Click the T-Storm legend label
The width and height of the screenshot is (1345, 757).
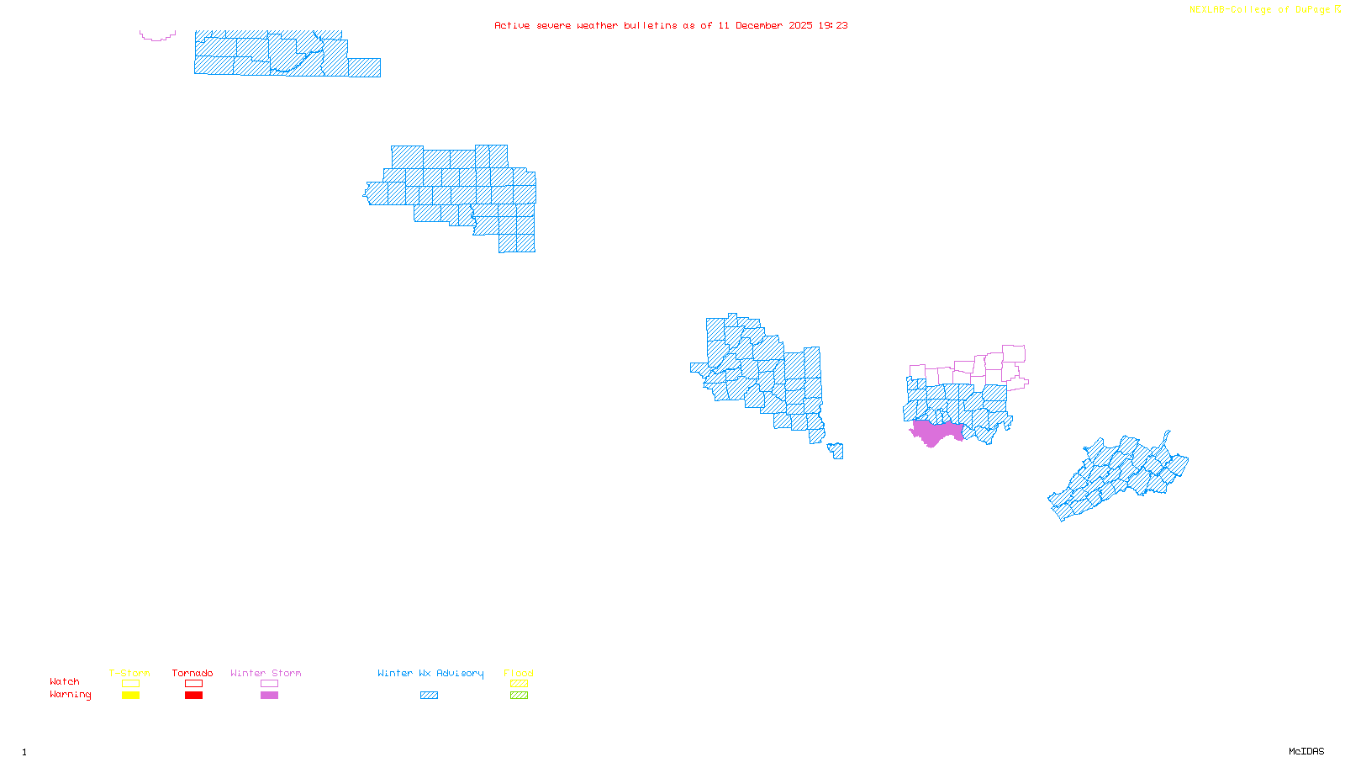point(129,673)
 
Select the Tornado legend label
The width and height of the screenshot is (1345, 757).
point(193,673)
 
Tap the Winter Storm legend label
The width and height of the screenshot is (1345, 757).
point(266,673)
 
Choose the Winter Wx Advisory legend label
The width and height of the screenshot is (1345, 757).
point(430,673)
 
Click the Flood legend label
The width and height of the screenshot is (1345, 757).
point(519,673)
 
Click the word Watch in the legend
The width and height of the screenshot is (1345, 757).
point(65,681)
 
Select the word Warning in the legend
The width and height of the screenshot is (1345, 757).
point(71,695)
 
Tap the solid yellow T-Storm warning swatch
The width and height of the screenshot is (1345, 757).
point(130,696)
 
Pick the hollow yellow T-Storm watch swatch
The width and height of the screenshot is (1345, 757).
point(130,684)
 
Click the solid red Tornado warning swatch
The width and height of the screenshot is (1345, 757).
point(194,696)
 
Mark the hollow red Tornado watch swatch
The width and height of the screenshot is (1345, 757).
point(194,684)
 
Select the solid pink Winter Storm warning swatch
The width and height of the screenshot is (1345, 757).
point(269,696)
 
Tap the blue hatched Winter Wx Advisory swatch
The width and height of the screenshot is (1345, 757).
point(429,696)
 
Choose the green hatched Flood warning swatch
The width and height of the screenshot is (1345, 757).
point(520,696)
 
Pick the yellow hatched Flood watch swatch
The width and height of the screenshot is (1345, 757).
point(520,684)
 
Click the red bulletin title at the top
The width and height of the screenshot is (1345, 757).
point(671,25)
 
